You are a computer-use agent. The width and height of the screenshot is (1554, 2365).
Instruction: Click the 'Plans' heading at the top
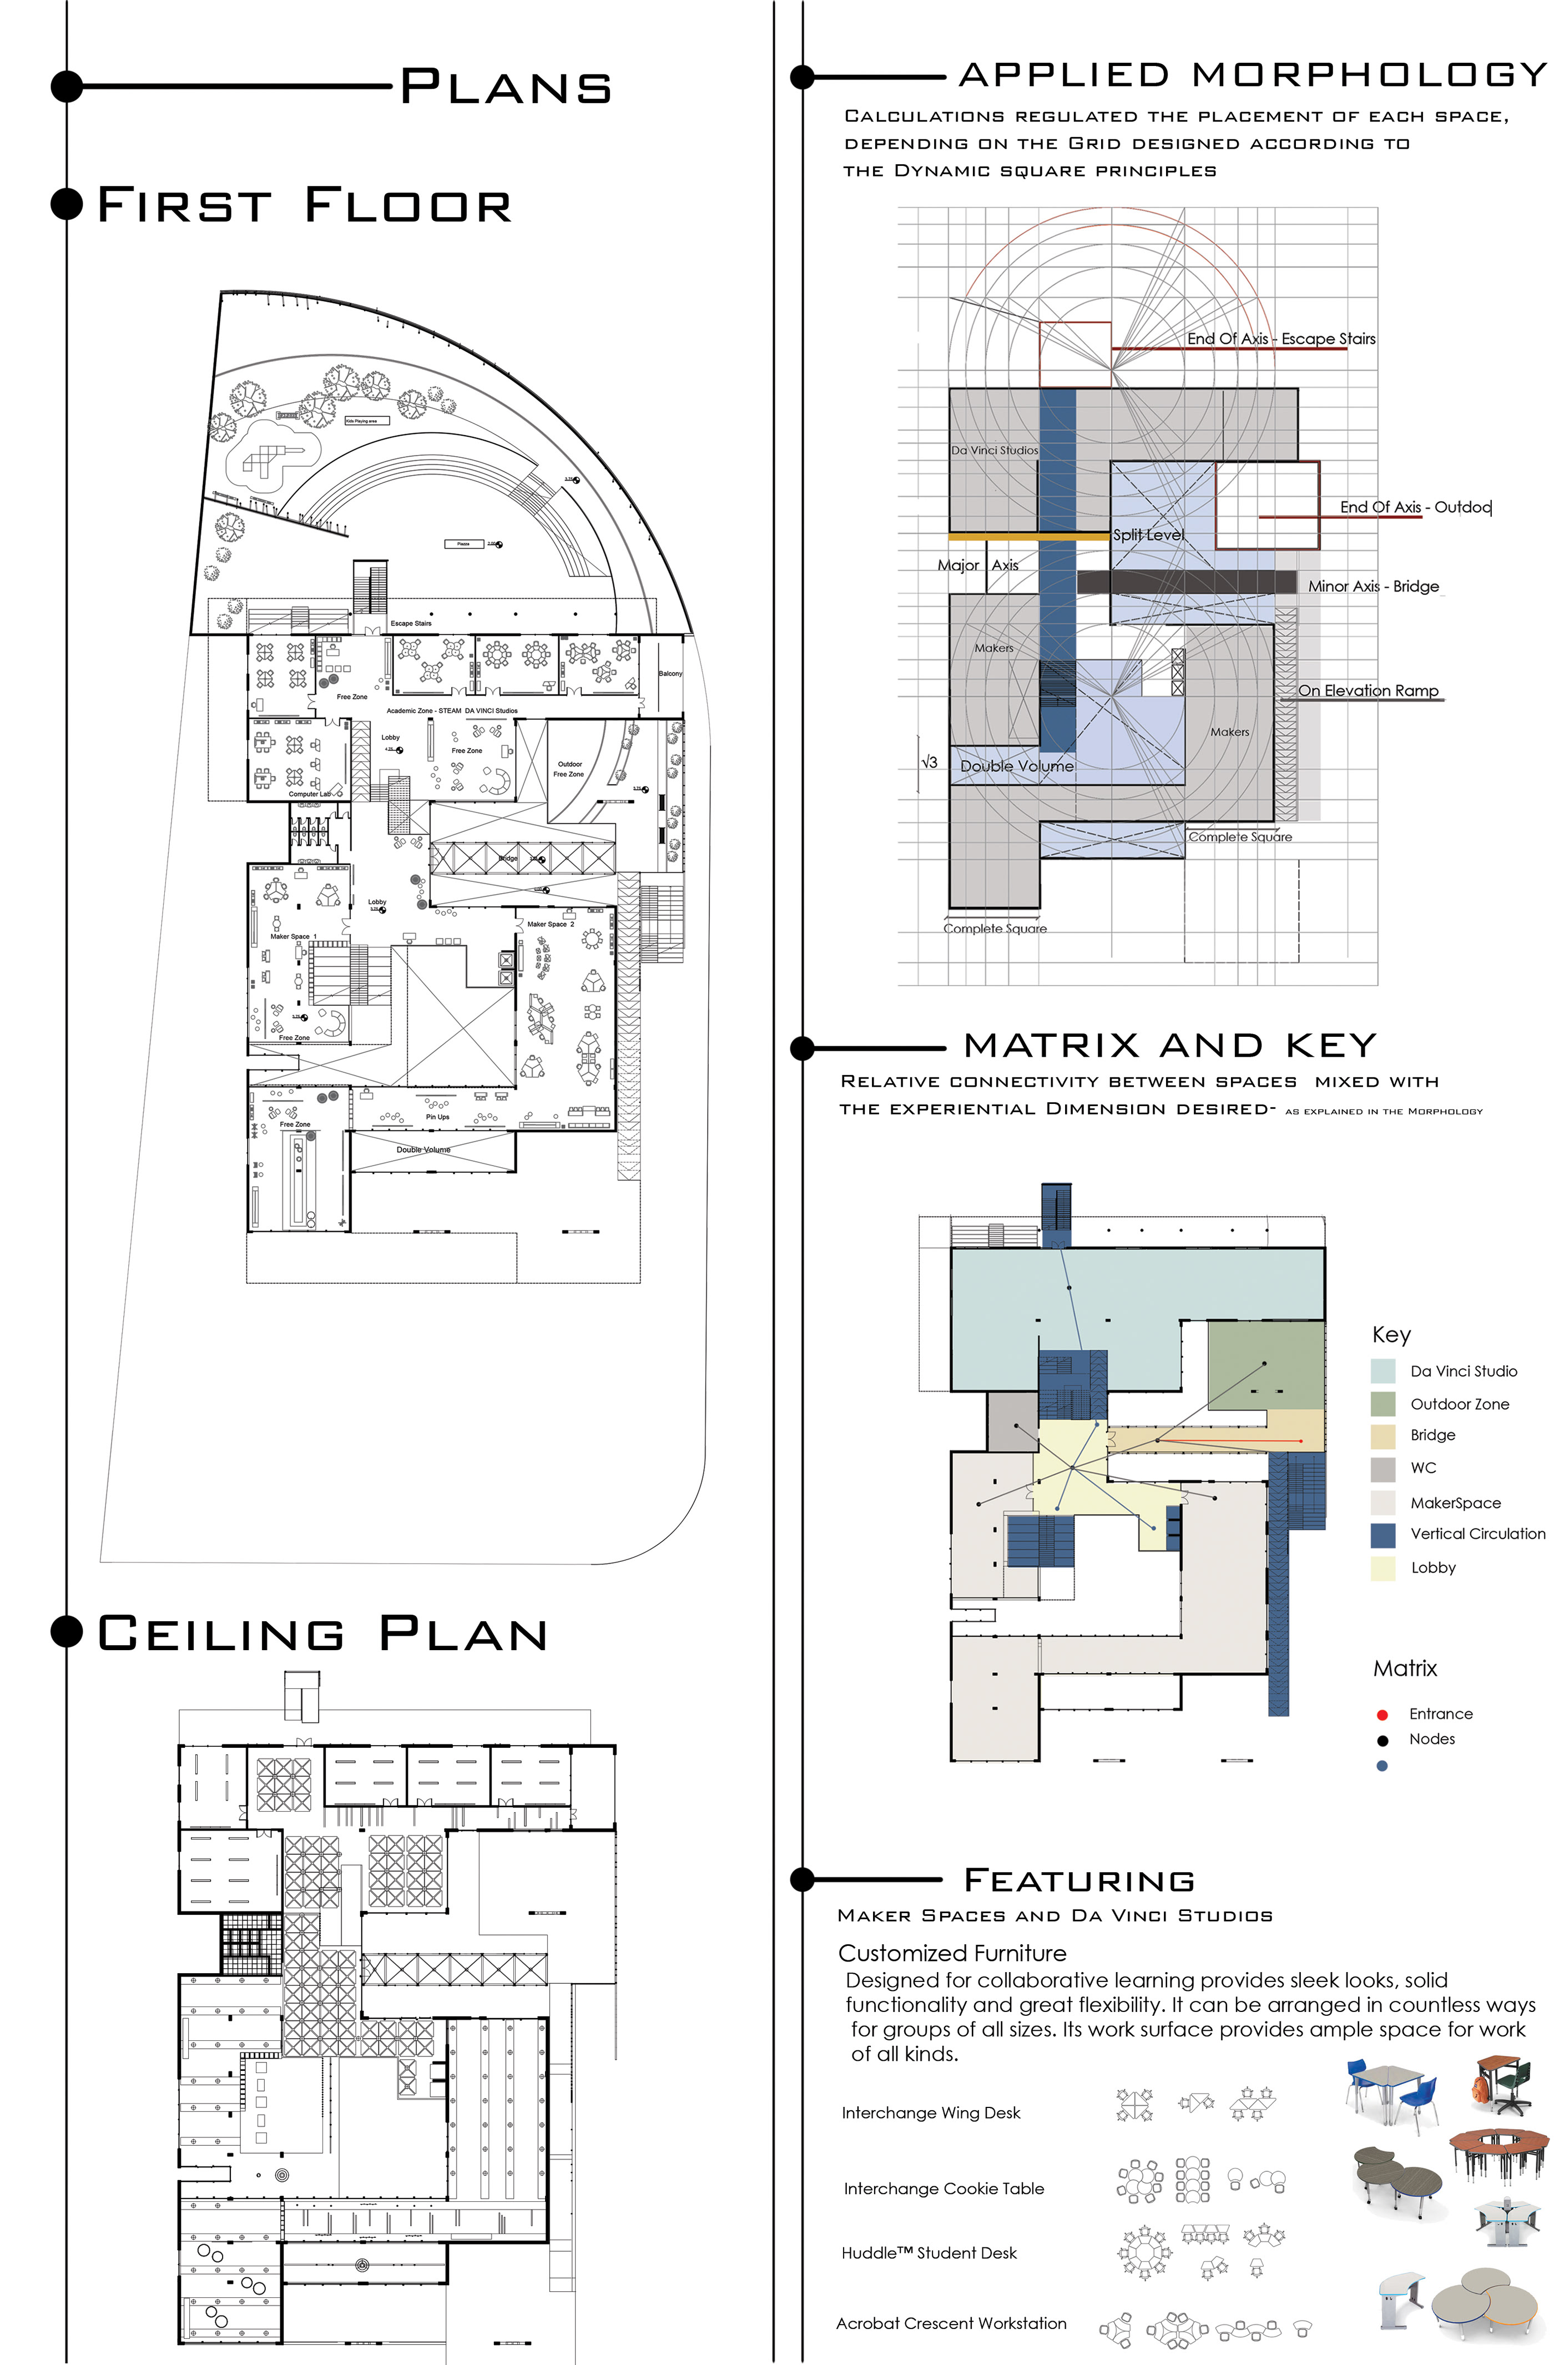point(504,88)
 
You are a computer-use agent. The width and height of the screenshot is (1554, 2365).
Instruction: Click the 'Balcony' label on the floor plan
point(670,674)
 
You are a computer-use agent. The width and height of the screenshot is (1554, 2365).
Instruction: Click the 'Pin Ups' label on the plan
point(437,1117)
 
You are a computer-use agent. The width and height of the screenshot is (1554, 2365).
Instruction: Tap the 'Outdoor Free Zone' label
point(569,769)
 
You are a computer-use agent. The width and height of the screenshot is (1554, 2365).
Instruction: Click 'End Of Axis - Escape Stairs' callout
point(1281,339)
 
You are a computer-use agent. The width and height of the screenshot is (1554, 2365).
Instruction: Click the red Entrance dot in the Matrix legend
point(1381,1714)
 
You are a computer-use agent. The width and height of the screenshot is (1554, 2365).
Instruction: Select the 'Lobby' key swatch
point(1382,1568)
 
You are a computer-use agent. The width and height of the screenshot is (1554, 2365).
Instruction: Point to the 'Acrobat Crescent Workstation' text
point(950,2323)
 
